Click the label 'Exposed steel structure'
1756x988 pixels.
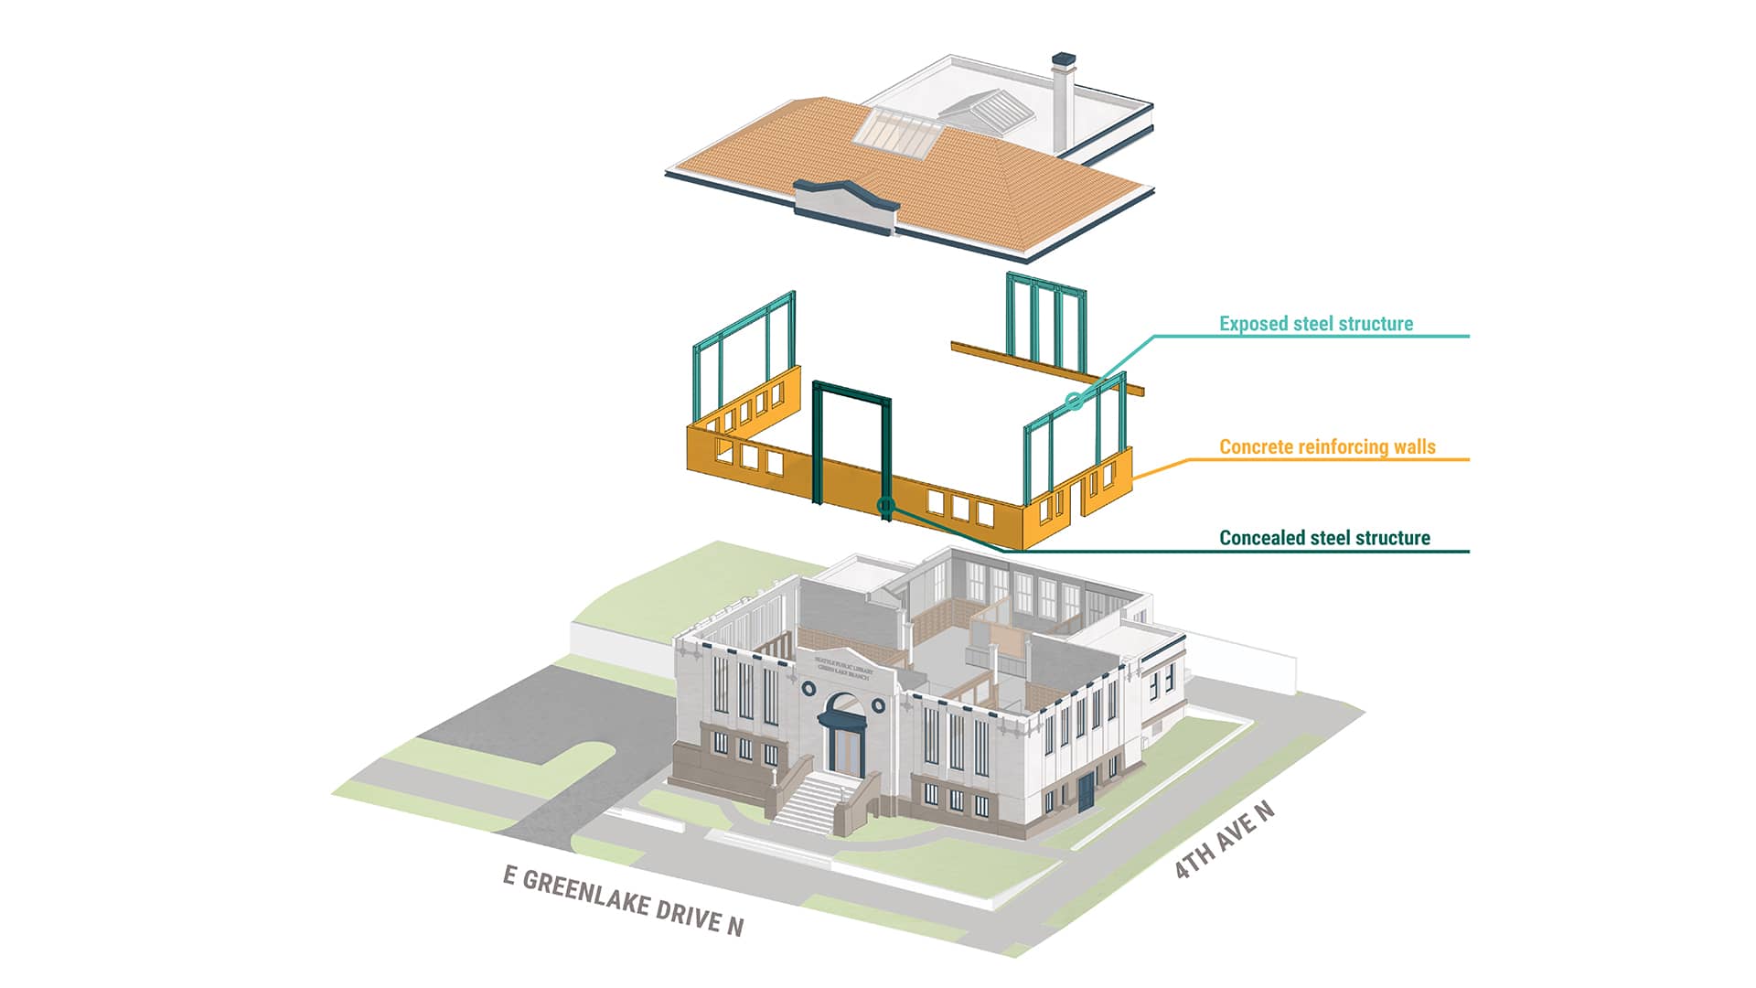1315,324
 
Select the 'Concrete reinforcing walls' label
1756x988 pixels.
1327,447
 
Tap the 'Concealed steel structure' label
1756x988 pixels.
1324,538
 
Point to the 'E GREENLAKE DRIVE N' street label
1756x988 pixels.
623,901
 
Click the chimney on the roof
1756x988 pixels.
1063,101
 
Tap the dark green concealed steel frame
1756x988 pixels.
851,393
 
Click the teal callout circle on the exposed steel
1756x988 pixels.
1075,400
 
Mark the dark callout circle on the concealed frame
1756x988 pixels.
884,505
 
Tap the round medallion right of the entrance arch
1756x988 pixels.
878,705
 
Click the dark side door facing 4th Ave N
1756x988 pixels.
1086,791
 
